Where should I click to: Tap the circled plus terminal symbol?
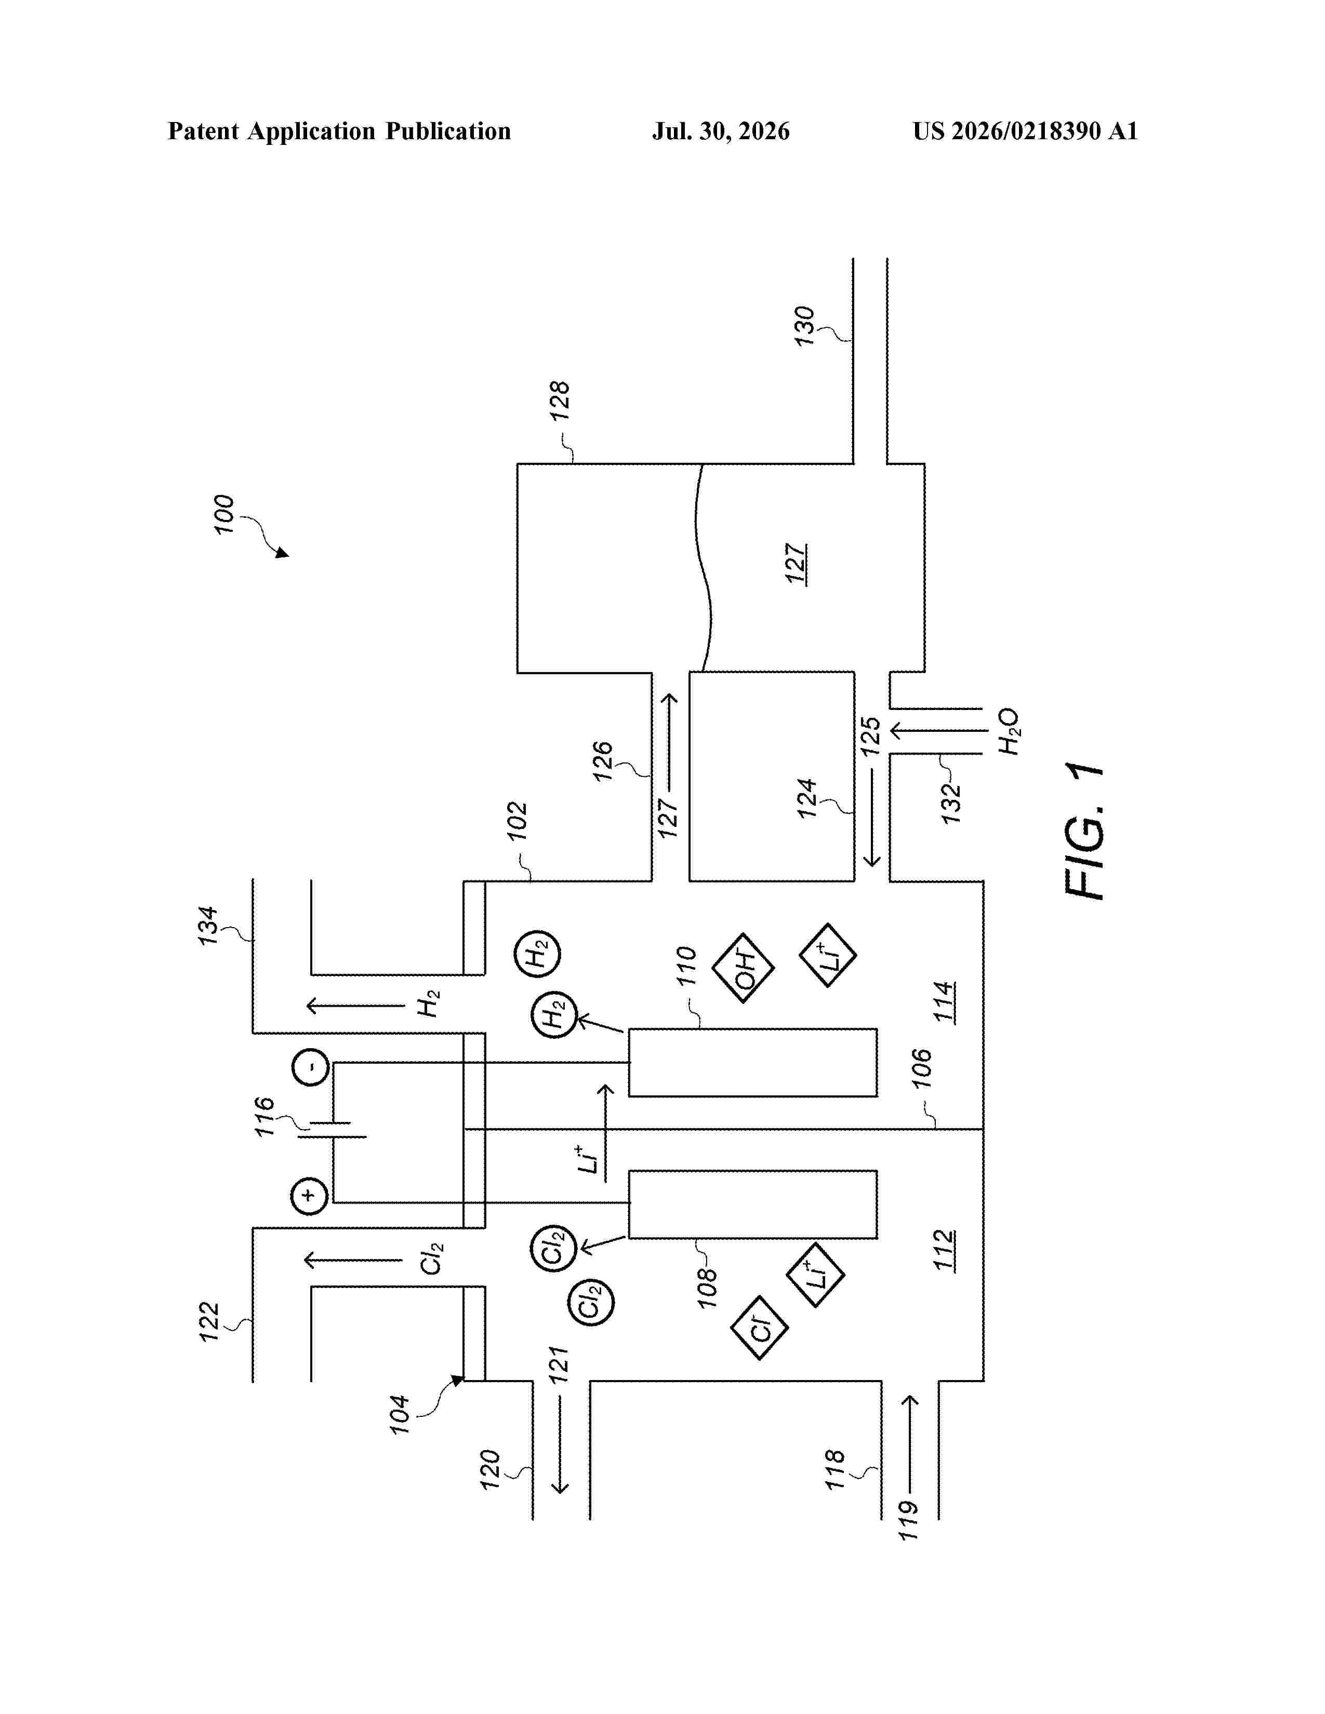pos(309,1196)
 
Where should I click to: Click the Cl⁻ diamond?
pos(759,1328)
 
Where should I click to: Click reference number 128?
pos(559,401)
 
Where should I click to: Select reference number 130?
pos(804,327)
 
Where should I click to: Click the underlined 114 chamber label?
pos(944,1001)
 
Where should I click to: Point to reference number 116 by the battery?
pos(264,1117)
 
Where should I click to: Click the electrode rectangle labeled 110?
pos(753,1063)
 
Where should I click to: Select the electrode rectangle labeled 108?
pos(753,1204)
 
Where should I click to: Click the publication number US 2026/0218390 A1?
pos(1025,131)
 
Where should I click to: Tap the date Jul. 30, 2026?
pos(721,131)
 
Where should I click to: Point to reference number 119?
pos(908,1520)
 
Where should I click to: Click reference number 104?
pos(400,1415)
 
